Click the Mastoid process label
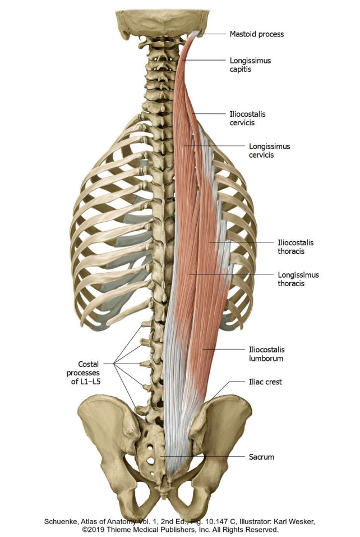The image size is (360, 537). click(x=257, y=34)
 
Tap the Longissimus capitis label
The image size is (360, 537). click(x=250, y=65)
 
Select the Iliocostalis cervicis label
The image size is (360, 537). click(x=247, y=118)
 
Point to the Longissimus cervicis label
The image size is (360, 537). click(x=269, y=150)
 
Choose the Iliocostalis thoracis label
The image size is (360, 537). click(x=296, y=246)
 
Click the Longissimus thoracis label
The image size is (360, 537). click(x=298, y=279)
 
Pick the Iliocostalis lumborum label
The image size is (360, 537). click(x=266, y=354)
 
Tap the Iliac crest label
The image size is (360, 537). click(x=265, y=382)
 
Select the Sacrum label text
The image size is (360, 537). click(x=261, y=457)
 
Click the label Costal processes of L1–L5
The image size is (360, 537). click(x=84, y=373)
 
